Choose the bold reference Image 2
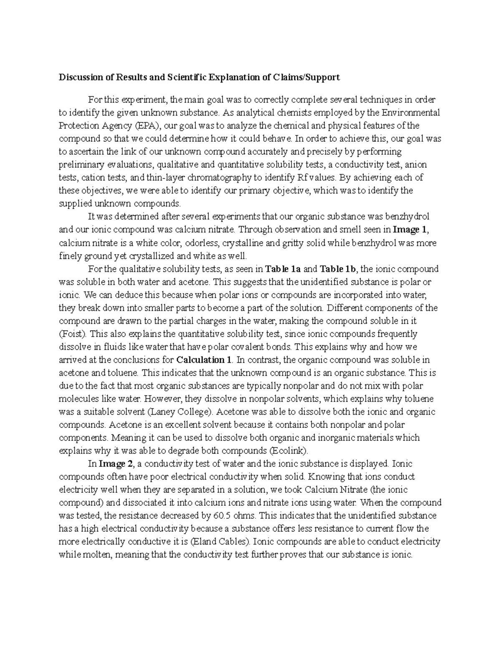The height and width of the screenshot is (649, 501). point(112,463)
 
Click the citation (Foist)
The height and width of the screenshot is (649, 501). point(73,334)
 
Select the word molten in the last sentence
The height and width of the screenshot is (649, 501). point(99,555)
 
